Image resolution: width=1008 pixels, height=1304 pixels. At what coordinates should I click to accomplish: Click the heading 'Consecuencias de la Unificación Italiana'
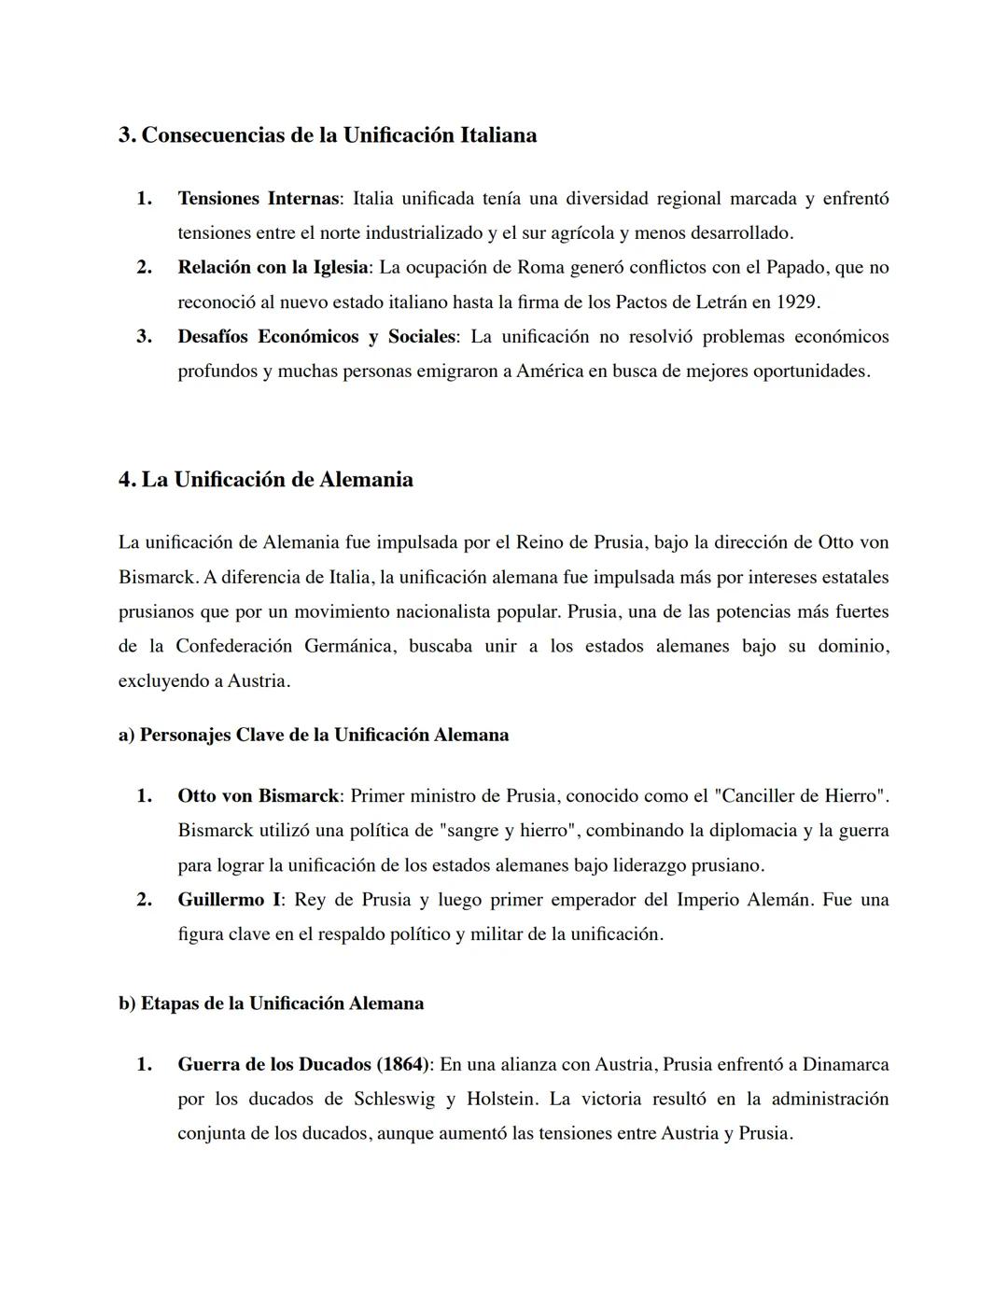(327, 135)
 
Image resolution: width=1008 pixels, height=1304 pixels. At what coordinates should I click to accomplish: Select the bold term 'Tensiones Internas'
(258, 199)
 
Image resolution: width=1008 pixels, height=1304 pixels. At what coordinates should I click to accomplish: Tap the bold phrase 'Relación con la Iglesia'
(273, 268)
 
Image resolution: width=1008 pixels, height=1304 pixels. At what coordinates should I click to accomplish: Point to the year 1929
(797, 302)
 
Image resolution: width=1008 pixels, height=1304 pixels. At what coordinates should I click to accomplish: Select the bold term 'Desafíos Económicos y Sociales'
(316, 337)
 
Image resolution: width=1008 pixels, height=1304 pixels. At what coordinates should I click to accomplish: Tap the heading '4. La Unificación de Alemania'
(266, 480)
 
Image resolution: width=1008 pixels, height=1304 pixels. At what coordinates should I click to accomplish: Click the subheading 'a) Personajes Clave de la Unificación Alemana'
(314, 736)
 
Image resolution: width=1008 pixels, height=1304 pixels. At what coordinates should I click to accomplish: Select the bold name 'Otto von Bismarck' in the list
(258, 796)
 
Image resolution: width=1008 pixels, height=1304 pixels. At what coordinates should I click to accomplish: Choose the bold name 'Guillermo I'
(229, 900)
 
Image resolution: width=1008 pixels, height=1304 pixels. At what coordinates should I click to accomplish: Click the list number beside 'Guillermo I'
(144, 900)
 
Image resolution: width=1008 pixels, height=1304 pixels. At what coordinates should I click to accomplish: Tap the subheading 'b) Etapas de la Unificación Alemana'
(271, 1003)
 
